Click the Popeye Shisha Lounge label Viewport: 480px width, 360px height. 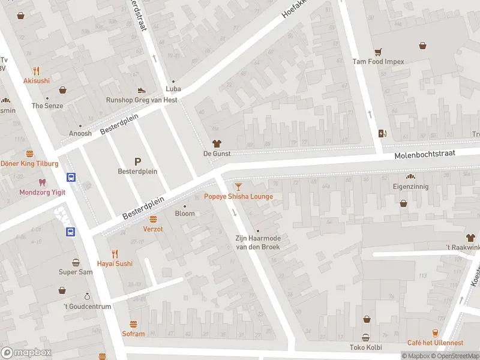(238, 196)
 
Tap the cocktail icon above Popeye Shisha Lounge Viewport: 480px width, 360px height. (238, 187)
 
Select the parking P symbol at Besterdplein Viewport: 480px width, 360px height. (137, 161)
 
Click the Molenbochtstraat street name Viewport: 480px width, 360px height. (425, 155)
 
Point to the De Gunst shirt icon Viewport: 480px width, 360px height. (217, 143)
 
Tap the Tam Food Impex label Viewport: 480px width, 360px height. (378, 61)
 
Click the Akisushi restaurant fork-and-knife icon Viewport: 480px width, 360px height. (36, 70)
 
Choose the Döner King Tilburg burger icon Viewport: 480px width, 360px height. (29, 154)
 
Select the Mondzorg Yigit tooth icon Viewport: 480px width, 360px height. (41, 182)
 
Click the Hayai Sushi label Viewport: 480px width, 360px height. (115, 263)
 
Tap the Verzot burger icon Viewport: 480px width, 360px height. (153, 219)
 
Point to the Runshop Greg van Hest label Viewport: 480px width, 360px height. (141, 100)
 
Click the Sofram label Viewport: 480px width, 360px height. (133, 334)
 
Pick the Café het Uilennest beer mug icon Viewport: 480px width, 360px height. (436, 333)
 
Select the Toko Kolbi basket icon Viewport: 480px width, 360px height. (365, 337)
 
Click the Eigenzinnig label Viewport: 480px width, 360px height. (411, 187)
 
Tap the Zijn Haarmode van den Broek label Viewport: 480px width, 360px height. (257, 242)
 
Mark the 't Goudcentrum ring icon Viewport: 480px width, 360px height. (88, 296)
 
